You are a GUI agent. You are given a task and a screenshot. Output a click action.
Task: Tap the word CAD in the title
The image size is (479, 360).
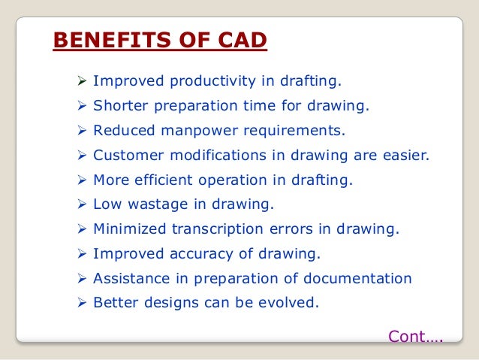pos(238,39)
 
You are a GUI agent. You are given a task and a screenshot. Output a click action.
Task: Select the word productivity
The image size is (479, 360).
pos(200,81)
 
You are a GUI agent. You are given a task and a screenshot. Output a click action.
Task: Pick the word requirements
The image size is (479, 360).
pos(293,131)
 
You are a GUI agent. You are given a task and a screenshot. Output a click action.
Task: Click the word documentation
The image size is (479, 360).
pos(358,279)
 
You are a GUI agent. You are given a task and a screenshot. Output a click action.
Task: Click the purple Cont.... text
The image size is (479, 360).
pos(415,337)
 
